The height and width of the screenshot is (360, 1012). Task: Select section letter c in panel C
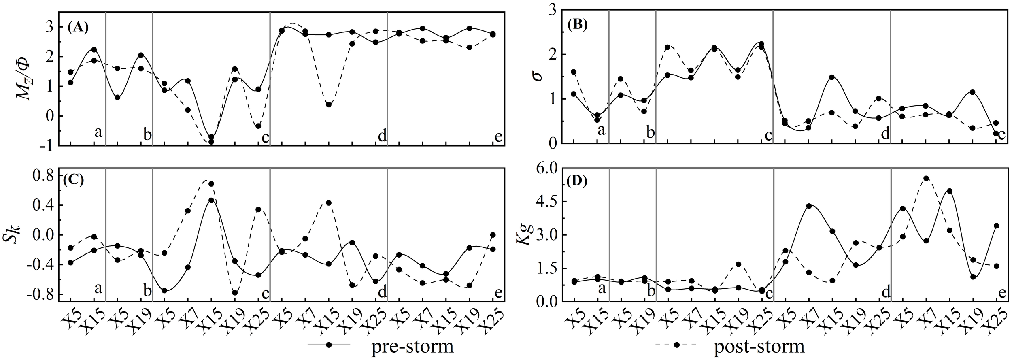click(x=266, y=293)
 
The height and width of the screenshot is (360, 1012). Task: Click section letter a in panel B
click(x=602, y=130)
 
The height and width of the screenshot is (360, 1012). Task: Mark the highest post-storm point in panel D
click(x=926, y=178)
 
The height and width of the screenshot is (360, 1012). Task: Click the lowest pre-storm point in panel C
click(x=164, y=291)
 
